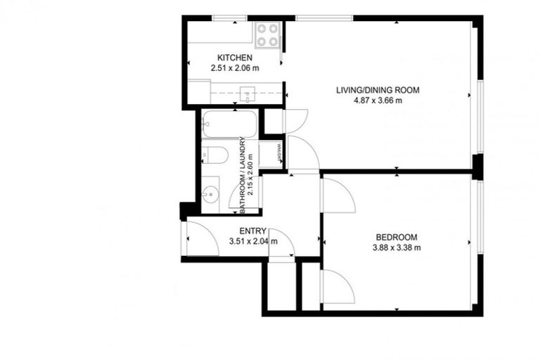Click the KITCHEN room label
234,58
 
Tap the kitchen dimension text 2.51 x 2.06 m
234,68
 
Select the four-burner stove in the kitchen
267,35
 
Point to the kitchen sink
247,92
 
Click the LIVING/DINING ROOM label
378,89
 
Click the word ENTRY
252,231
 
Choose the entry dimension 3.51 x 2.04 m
253,242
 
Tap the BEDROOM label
397,237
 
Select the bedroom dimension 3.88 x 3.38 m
397,247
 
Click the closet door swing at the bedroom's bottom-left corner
336,287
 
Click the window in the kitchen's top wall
224,18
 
